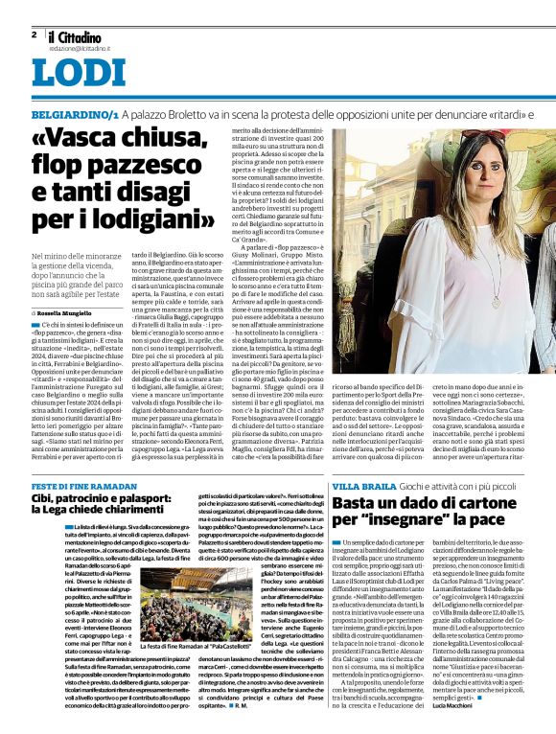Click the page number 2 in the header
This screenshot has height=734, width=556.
click(34, 34)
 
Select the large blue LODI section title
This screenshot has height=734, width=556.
click(78, 73)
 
